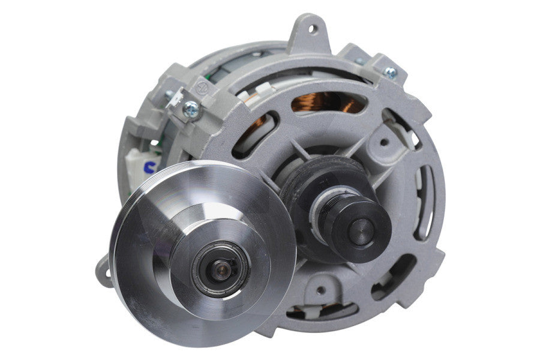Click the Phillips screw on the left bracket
coord(191,108)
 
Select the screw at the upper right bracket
coord(391,73)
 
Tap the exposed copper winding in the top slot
coord(327,103)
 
